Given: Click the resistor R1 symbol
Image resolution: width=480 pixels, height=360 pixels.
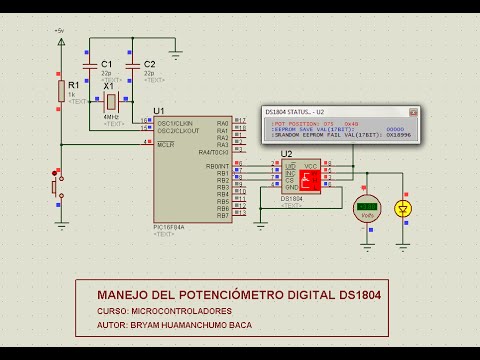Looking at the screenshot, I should pos(60,92).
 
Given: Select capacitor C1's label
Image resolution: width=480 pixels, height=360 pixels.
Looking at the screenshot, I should pos(107,64).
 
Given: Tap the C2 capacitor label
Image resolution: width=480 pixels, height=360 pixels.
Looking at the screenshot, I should pos(149,64).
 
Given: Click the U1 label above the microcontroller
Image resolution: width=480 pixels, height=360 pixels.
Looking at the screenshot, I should pos(158,111).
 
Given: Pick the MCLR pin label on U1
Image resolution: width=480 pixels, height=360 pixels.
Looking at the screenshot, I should pos(162,145).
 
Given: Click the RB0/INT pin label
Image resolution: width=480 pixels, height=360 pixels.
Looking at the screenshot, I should pos(217,166).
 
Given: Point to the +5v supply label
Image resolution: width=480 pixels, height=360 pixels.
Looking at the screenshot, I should pos(59,31).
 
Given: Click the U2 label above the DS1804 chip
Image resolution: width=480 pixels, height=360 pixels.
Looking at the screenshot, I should pos(287,154).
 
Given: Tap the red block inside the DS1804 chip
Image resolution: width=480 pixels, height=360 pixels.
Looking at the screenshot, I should pos(309,179).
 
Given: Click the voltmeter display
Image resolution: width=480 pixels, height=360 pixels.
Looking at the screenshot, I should pos(367,206).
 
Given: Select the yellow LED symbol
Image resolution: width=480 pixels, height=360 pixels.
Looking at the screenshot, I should pos(403,208).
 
